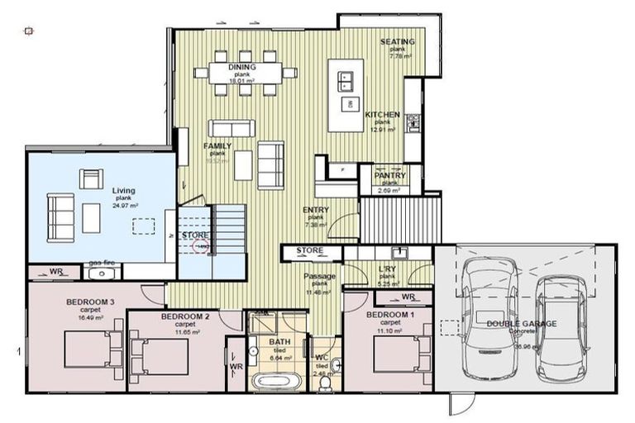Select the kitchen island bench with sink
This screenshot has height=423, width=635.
tap(345, 95)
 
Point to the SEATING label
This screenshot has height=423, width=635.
tap(397, 41)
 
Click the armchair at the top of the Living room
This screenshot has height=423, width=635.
tap(91, 178)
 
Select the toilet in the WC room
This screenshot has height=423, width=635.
tap(326, 382)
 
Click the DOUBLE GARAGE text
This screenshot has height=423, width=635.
tap(521, 324)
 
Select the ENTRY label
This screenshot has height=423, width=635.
tap(316, 210)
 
